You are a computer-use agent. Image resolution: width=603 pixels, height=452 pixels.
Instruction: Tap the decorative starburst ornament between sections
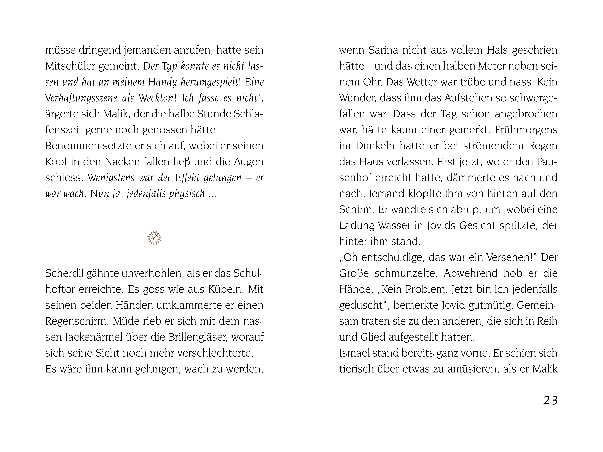154,238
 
